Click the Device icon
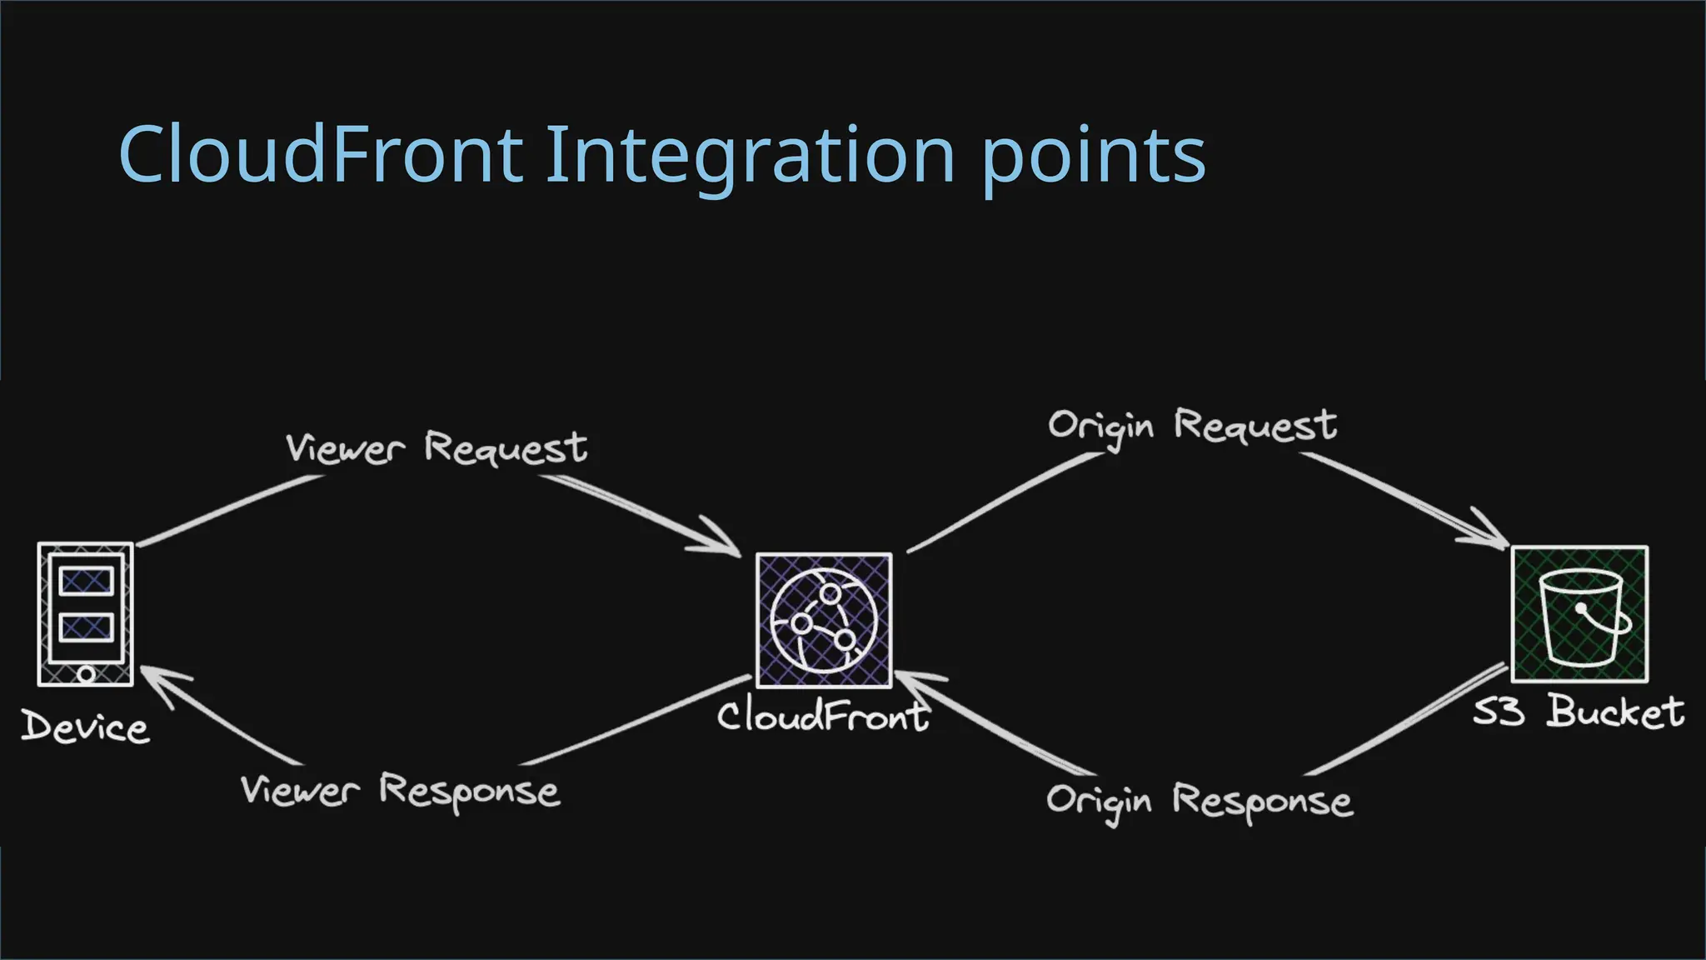tap(86, 614)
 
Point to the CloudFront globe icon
tap(824, 620)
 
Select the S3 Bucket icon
tap(1579, 615)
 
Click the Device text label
tap(85, 727)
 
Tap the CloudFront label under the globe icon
tap(823, 716)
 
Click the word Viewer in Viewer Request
tap(345, 448)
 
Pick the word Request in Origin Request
tap(1255, 426)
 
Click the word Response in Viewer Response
tap(469, 791)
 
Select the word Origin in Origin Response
tap(1100, 801)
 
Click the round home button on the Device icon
tap(86, 673)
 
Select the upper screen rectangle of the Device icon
tap(86, 581)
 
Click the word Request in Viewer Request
tap(506, 448)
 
